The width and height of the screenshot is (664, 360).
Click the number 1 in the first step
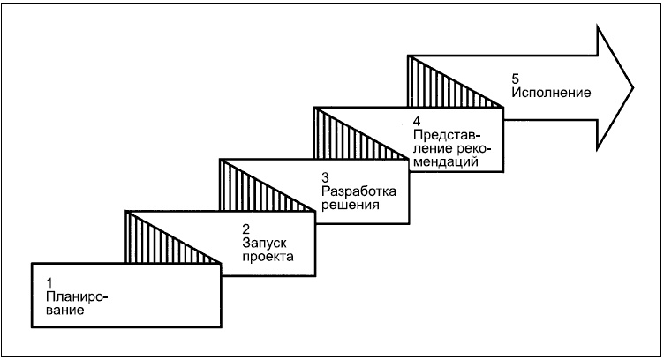49,281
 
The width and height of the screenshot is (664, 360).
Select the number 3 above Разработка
326,176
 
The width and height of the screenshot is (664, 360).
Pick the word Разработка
359,191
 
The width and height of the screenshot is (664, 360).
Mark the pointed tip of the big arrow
632,87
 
